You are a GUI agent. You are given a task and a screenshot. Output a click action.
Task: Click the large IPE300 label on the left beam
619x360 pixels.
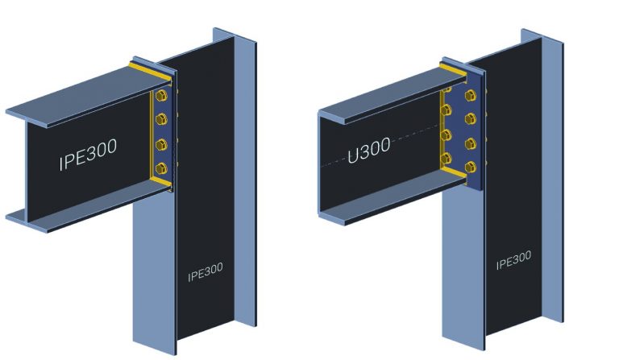click(88, 155)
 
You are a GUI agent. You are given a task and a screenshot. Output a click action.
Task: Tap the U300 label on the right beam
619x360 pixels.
click(369, 150)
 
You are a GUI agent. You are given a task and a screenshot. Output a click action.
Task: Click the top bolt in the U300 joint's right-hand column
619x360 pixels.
click(472, 98)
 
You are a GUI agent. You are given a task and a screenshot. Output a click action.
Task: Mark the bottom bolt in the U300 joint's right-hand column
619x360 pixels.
click(472, 168)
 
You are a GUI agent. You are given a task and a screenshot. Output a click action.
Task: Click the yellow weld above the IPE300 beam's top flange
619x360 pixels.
click(153, 76)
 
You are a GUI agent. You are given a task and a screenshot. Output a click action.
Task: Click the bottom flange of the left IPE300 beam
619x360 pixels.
click(73, 211)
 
